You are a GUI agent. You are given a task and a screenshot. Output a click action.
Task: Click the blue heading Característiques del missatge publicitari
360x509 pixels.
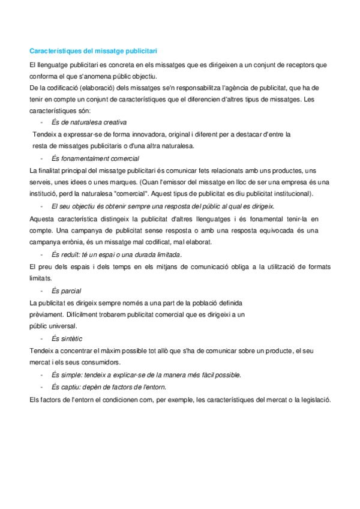(x=94, y=51)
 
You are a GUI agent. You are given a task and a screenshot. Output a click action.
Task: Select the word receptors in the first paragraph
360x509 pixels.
(x=299, y=65)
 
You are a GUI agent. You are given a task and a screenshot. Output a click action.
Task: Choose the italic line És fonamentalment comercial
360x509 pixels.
(x=95, y=158)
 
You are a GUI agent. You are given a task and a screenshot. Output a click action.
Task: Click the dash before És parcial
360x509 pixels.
(x=41, y=291)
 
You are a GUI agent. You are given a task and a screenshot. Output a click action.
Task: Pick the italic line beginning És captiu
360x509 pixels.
(x=109, y=387)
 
